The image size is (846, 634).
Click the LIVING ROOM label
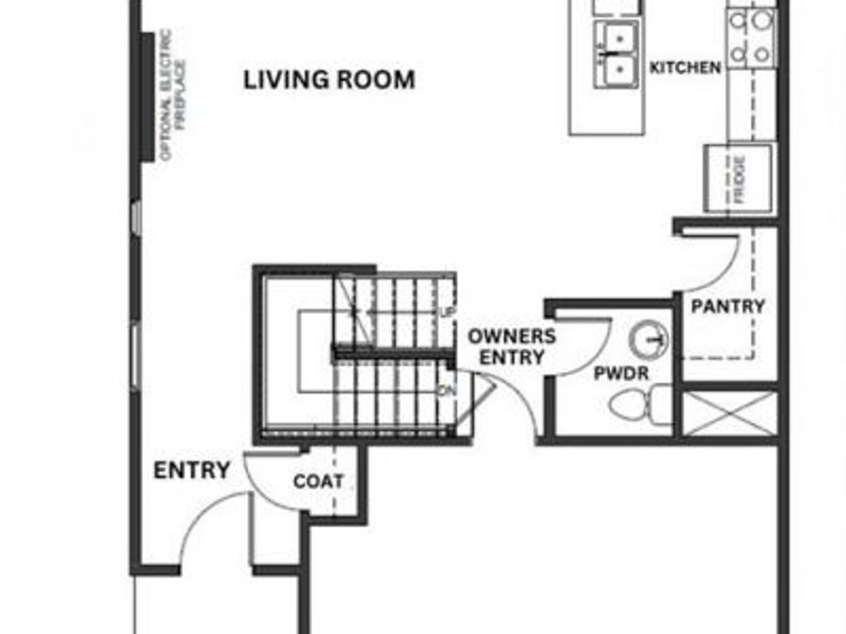[x=329, y=80]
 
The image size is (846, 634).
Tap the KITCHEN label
[x=685, y=68]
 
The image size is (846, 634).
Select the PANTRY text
[x=728, y=306]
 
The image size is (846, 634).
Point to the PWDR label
[x=622, y=373]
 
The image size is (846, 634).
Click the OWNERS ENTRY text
[x=512, y=347]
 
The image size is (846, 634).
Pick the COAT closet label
[x=319, y=482]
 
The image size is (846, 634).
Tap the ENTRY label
[x=192, y=470]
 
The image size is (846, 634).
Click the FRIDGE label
[x=740, y=179]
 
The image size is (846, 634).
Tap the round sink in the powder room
[x=649, y=336]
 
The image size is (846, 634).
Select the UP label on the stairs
[x=447, y=312]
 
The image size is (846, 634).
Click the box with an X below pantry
[x=729, y=413]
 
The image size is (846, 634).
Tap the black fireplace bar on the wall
[x=148, y=99]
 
